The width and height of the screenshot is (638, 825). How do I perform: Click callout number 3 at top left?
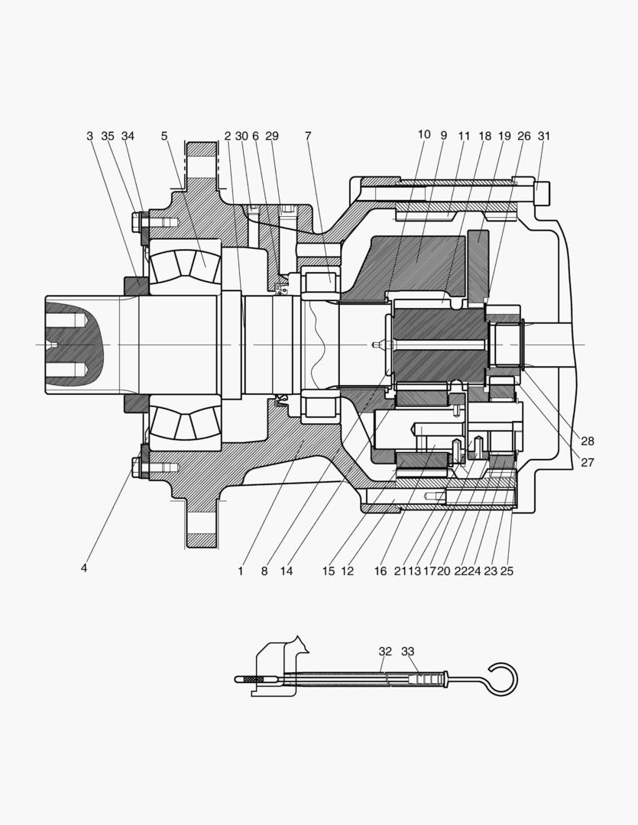[x=89, y=136]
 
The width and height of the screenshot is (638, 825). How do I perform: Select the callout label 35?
[x=108, y=136]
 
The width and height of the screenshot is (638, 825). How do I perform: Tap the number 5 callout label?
[x=164, y=136]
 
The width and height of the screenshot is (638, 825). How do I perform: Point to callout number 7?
[x=308, y=136]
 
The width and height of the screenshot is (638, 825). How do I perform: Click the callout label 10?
[x=424, y=134]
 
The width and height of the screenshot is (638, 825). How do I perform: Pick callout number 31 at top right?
[x=544, y=136]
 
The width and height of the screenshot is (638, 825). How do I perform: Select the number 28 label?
[x=587, y=442]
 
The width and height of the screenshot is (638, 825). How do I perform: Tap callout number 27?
[x=587, y=462]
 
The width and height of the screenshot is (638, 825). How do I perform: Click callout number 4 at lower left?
[x=84, y=568]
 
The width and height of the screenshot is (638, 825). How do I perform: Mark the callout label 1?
[x=240, y=571]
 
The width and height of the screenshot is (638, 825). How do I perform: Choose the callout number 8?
[x=264, y=571]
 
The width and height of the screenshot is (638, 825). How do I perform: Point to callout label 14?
[x=287, y=571]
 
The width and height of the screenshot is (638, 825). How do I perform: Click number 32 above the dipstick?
[x=385, y=652]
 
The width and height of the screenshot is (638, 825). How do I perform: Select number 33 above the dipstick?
[x=408, y=652]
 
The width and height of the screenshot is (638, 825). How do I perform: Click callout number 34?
[x=128, y=136]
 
